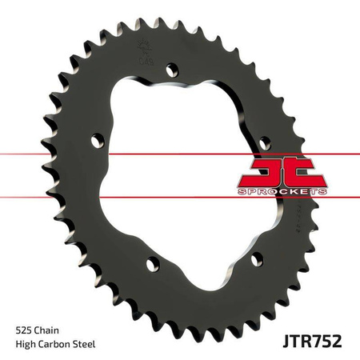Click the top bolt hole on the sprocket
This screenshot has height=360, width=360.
click(x=170, y=70)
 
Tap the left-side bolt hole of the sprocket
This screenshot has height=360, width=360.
click(x=97, y=142)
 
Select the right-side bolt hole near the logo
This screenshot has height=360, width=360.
click(x=266, y=142)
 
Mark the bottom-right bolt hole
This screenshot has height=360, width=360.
click(x=257, y=258)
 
